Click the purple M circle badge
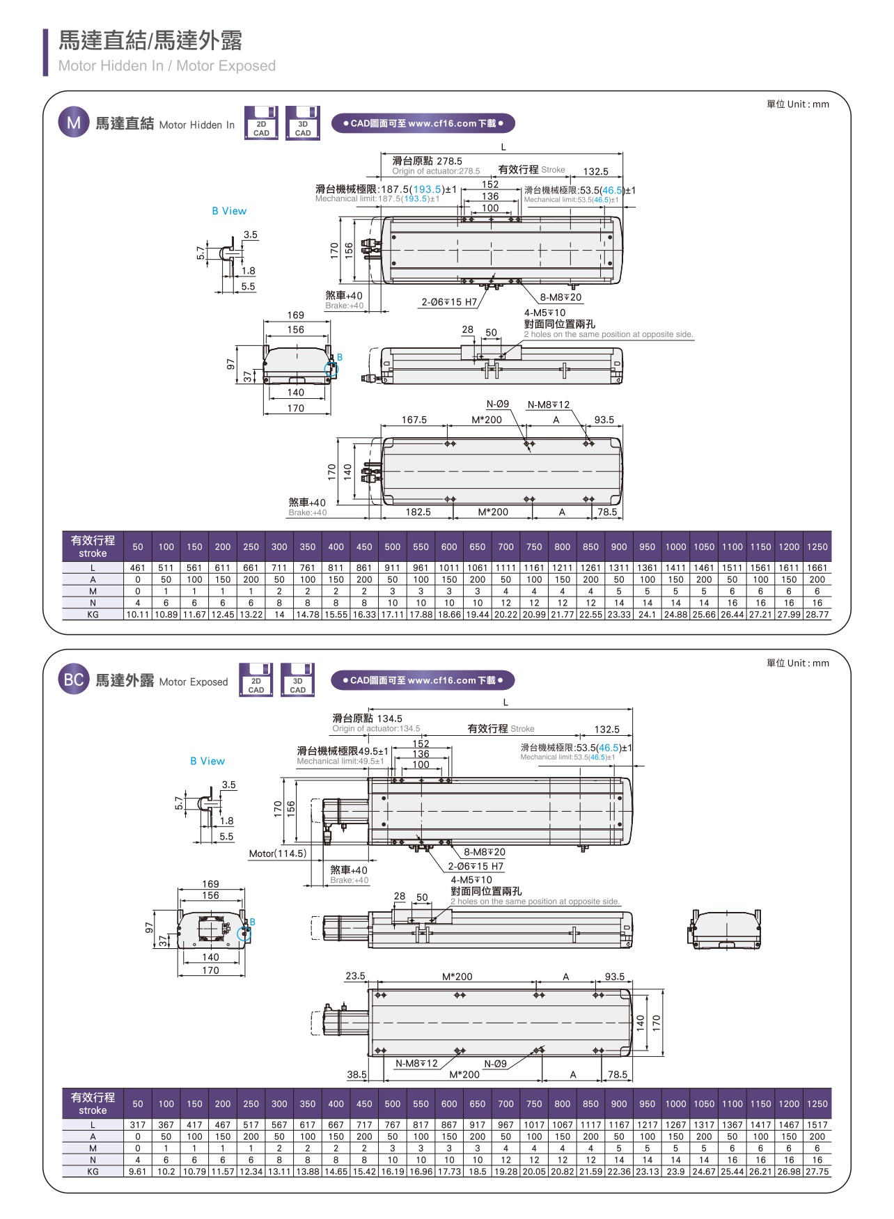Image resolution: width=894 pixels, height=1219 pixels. pos(74,123)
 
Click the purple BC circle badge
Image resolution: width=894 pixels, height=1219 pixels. pos(74,680)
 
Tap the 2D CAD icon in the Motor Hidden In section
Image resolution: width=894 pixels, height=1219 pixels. pos(261,124)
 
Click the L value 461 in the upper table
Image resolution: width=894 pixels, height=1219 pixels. pos(138,568)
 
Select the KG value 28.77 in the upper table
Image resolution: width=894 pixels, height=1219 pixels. pos(817,615)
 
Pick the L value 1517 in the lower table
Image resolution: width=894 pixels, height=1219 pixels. pos(817,1125)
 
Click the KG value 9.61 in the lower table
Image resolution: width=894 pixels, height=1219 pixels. pos(138,1172)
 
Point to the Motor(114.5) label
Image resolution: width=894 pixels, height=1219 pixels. pos(277,854)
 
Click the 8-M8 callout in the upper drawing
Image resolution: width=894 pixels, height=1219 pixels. pos(560,297)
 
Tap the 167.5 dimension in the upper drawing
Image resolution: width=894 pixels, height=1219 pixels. pos(414,420)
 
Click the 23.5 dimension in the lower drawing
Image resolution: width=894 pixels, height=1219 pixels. pos(355,976)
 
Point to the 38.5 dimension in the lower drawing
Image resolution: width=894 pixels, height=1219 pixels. pos(356,1074)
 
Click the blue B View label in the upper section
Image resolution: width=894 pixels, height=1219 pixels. pos(229,211)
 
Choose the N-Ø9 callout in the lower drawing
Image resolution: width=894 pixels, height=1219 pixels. pos(495,1064)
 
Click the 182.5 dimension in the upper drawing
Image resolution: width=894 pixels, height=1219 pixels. pos(418,512)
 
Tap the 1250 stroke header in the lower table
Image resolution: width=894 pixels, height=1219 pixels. pos(817,1103)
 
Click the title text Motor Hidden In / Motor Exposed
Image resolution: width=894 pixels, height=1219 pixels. pos(167,66)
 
